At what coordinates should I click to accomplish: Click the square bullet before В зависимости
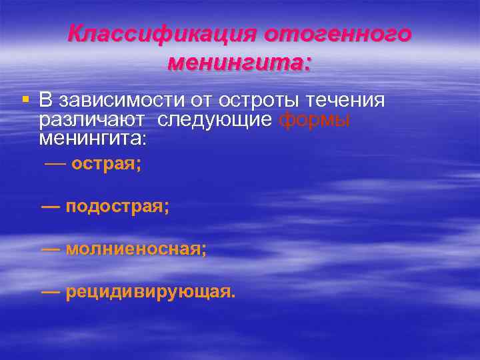coord(25,100)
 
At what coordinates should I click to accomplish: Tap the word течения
coord(345,101)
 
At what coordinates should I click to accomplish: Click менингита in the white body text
coord(93,139)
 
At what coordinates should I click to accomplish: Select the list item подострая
coord(118,207)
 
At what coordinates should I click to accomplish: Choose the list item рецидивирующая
coord(150,293)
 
